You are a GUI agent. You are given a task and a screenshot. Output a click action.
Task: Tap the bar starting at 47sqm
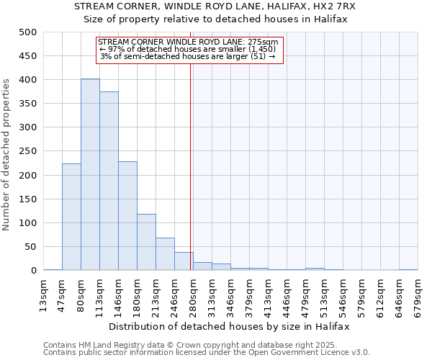[71, 217]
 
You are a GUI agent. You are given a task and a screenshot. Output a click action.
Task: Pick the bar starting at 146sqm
[127, 216]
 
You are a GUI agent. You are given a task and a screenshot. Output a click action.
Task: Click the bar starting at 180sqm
[146, 242]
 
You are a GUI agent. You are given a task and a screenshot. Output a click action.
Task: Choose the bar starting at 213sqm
[165, 254]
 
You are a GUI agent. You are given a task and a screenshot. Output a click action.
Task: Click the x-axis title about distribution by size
[230, 326]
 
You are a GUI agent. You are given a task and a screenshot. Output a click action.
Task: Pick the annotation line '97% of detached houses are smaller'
[188, 49]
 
